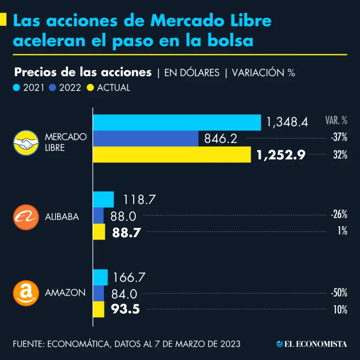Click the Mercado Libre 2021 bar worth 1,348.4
tap(177, 122)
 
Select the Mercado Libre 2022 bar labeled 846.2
tap(146, 138)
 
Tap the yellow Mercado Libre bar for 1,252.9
tap(172, 154)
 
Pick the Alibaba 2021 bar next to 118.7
tap(104, 199)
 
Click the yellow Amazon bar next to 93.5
tap(99, 309)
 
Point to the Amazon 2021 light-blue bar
tap(101, 277)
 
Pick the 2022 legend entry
tap(66, 87)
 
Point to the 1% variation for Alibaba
tap(341, 231)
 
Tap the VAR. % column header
tap(336, 120)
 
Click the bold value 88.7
tap(127, 232)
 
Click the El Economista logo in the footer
tap(312, 344)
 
